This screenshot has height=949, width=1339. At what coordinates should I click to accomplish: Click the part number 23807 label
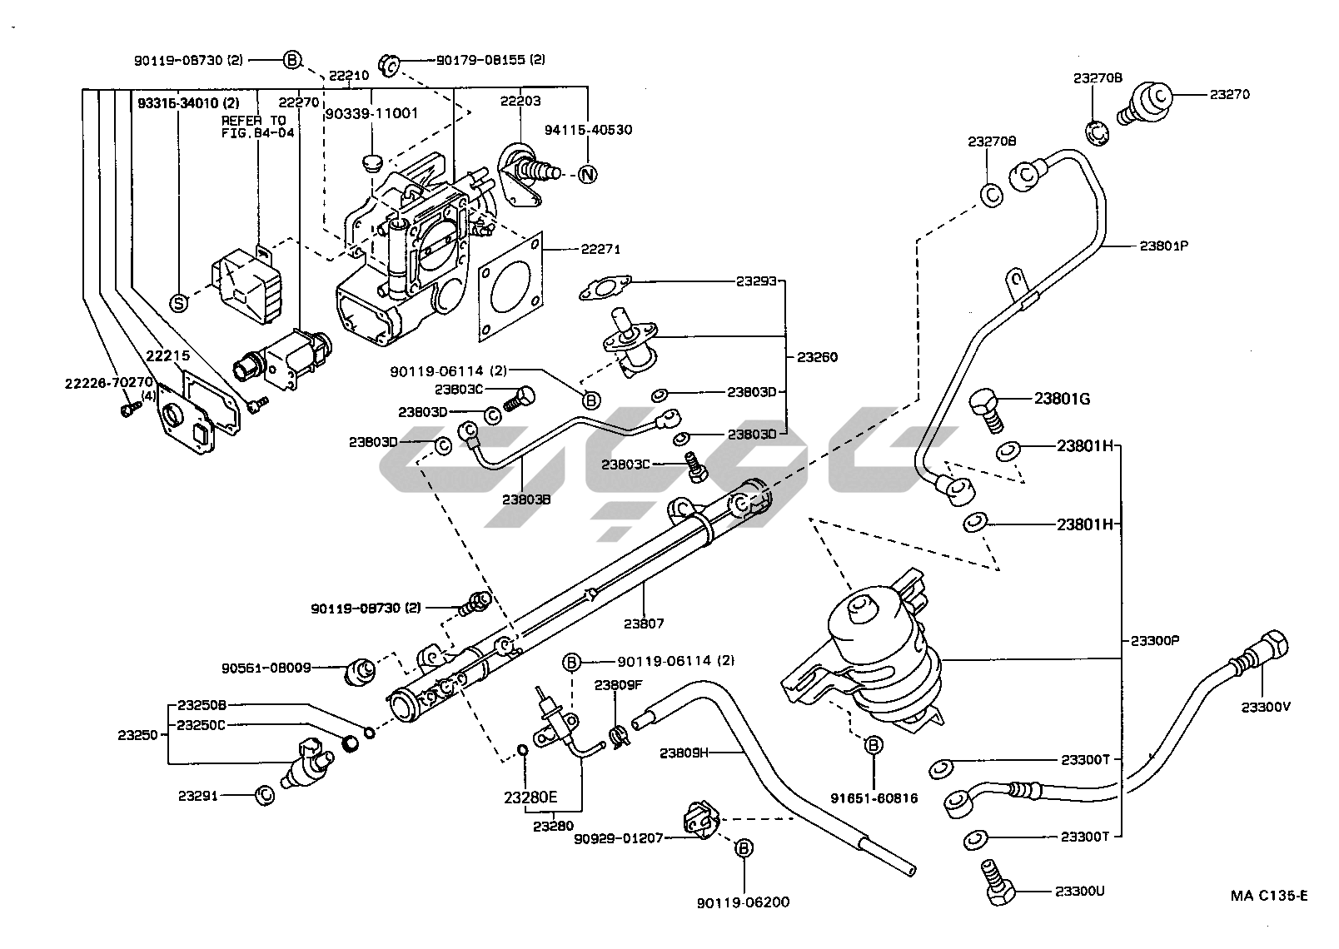point(644,623)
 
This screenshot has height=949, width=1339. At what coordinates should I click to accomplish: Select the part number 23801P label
point(1163,246)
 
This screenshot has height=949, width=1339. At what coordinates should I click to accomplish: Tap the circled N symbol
point(588,175)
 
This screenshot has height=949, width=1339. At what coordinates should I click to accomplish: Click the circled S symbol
point(178,303)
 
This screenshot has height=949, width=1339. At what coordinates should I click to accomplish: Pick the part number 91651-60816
point(874,797)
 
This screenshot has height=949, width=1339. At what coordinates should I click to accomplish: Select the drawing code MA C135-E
point(1269,896)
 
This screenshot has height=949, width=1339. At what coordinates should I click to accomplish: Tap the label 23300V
point(1265,708)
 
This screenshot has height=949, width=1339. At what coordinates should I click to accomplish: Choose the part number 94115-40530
point(588,130)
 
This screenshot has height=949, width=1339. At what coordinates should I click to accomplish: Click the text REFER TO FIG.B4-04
point(253,126)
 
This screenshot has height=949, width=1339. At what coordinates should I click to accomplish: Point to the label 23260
point(817,357)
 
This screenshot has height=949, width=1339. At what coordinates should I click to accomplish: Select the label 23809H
point(684,753)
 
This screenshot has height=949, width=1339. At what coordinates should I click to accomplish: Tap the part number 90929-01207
point(619,837)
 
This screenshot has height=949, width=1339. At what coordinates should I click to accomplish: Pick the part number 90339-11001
point(371,113)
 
